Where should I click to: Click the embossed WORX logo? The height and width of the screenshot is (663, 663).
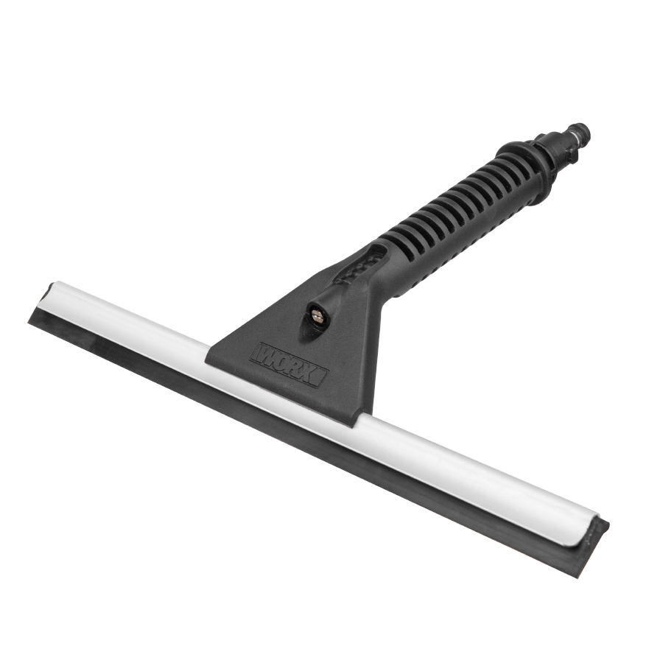pos(290,364)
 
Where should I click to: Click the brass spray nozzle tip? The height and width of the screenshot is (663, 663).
pos(316,315)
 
